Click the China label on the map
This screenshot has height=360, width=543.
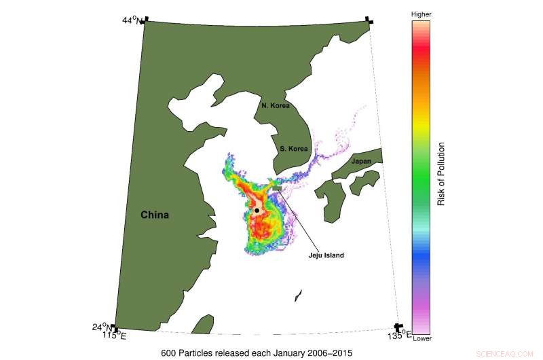[155, 215]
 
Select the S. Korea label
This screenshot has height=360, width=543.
[294, 148]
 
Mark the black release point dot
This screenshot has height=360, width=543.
[257, 211]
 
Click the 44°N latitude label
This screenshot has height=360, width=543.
[132, 20]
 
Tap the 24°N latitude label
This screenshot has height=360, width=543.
[102, 327]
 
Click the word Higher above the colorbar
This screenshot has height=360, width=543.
[421, 14]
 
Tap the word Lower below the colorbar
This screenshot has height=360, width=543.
[421, 338]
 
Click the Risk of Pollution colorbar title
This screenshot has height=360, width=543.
[441, 174]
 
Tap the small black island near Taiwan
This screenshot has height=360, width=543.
[297, 296]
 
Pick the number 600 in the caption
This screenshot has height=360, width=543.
[168, 353]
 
